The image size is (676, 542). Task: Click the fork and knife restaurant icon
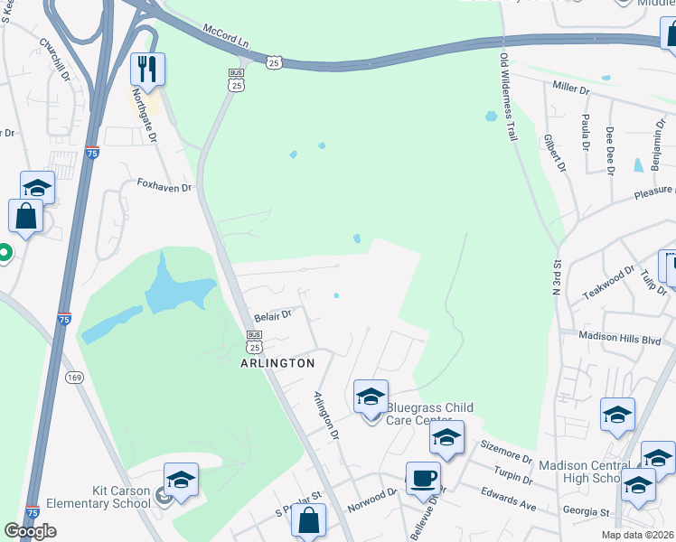(147, 69)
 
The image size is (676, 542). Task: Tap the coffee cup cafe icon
(422, 478)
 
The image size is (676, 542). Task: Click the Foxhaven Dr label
(164, 186)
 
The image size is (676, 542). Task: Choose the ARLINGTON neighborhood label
(277, 363)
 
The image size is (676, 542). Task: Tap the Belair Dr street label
(272, 315)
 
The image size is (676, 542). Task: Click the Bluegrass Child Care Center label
(429, 414)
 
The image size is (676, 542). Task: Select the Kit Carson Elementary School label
(120, 497)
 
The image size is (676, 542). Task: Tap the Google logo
(30, 531)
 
